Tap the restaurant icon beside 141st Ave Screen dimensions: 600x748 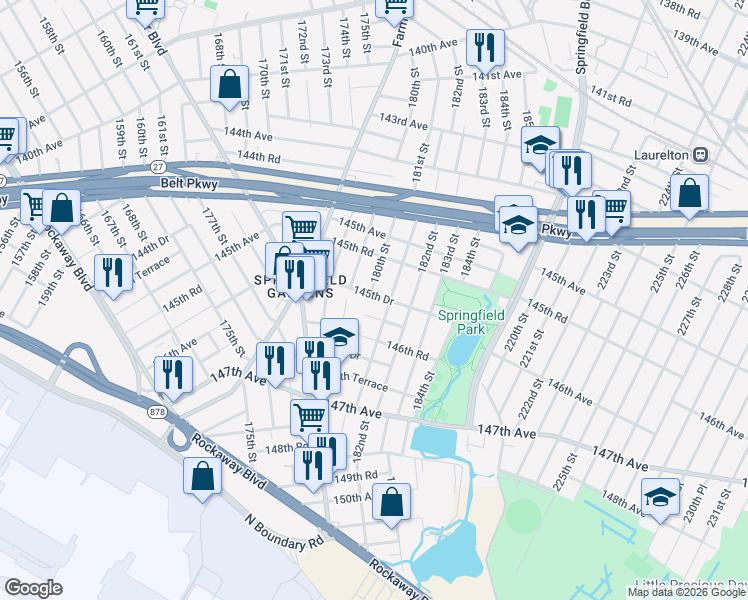485,46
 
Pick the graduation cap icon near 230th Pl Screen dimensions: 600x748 660,497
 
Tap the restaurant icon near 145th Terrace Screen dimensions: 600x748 113,272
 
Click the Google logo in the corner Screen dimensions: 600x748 33,588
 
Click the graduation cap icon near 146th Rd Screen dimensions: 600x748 339,335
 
